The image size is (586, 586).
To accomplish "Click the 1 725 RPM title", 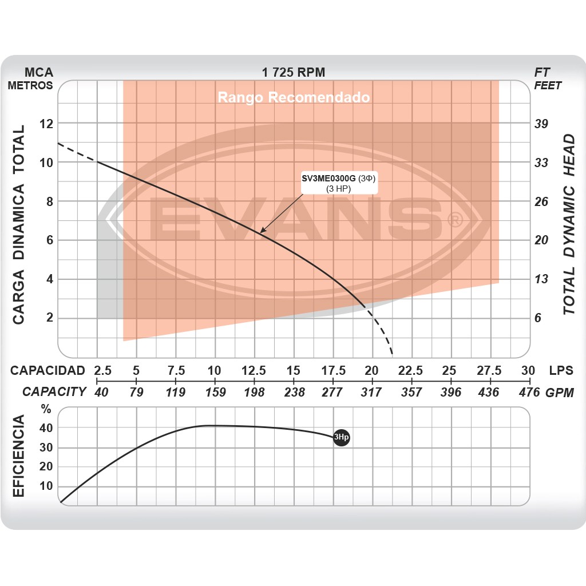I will coord(293,73).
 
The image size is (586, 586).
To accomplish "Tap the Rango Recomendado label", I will coord(294,97).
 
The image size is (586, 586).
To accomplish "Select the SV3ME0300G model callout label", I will coord(340,184).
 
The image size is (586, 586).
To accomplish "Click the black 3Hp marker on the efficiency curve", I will coord(341,438).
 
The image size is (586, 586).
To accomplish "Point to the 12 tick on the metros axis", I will coord(46,124).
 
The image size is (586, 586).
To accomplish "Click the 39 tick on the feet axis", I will coord(541,124).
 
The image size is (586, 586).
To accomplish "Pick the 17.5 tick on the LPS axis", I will coord(332,370).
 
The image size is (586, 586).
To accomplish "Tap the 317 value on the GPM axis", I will coord(372,392).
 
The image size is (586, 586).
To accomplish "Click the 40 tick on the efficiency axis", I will coord(46,428).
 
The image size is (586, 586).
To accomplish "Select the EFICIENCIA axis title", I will coord(19,456).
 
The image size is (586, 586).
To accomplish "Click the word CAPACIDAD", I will coord(47,370).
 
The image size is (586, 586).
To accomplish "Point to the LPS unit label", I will coord(561,370).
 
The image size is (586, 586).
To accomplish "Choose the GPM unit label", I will coord(560,392).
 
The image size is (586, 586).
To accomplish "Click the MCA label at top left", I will coord(39,73).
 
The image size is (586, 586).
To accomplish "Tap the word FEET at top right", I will coord(548,86).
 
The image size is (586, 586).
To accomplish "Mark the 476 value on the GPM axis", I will coord(529,392).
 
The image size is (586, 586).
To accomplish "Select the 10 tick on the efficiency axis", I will coord(46,486).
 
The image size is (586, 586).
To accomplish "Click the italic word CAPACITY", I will coord(54,392).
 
